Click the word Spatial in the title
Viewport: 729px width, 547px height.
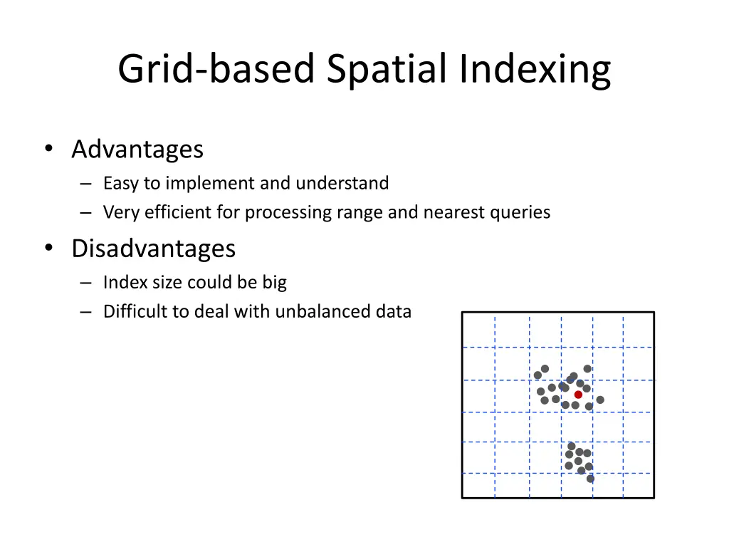point(389,70)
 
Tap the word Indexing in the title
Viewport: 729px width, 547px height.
point(535,70)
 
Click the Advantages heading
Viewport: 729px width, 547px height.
point(137,150)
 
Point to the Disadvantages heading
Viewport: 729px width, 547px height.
point(153,249)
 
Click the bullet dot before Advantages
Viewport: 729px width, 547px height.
point(48,149)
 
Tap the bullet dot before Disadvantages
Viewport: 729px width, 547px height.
point(48,248)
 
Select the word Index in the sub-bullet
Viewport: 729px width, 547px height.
point(120,283)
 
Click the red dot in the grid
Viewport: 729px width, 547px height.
point(578,394)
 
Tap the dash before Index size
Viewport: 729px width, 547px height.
point(86,283)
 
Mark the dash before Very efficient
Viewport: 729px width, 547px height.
point(86,213)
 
